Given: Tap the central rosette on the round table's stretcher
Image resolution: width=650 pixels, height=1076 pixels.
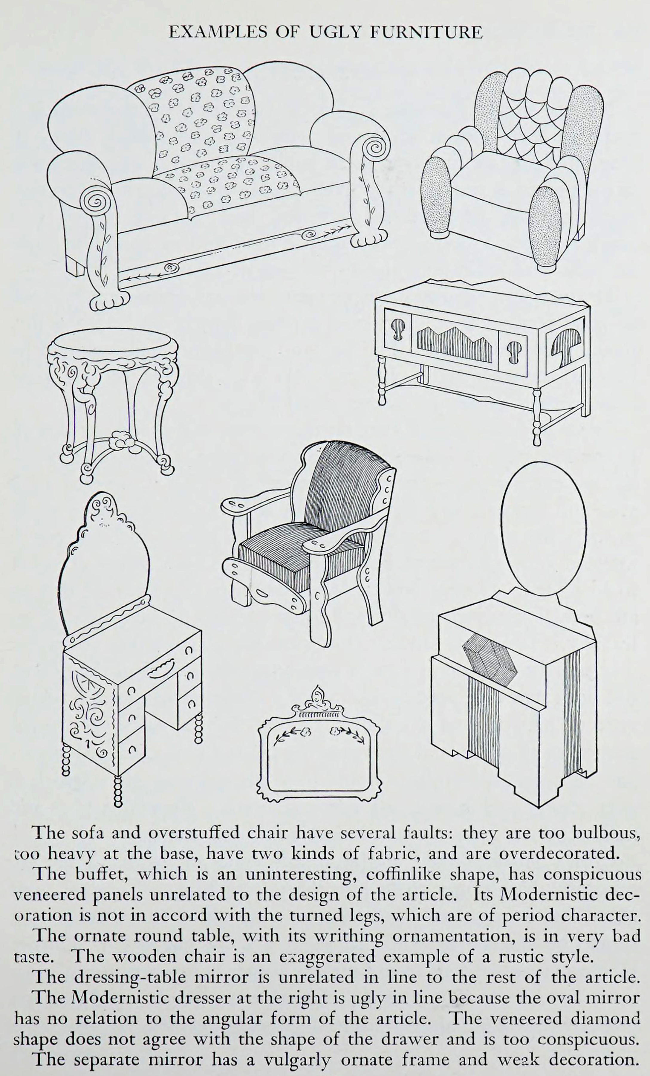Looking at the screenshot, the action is click(x=120, y=440).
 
